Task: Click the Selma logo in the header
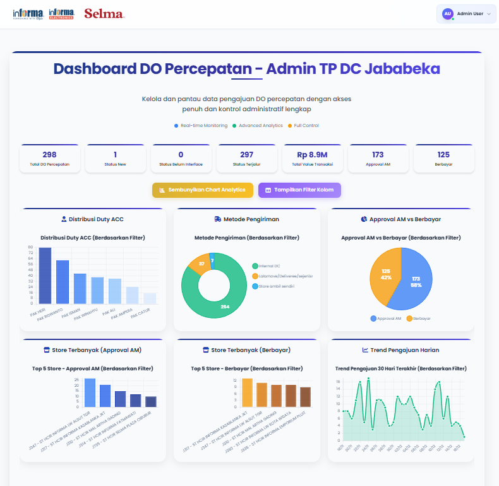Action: tap(104, 13)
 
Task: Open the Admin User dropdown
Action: tap(466, 13)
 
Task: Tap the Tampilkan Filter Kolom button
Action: tap(299, 190)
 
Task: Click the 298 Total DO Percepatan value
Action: tap(50, 155)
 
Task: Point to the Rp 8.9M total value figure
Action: tap(312, 155)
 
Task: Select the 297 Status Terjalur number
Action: tap(246, 155)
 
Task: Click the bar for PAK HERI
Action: tap(45, 275)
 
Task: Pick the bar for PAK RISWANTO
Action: tap(63, 281)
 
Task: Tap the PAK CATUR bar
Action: tap(150, 298)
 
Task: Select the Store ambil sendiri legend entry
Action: tap(276, 286)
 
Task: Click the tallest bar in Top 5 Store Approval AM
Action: tap(90, 392)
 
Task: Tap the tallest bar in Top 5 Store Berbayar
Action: tap(247, 392)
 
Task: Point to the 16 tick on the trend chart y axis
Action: tap(339, 382)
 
